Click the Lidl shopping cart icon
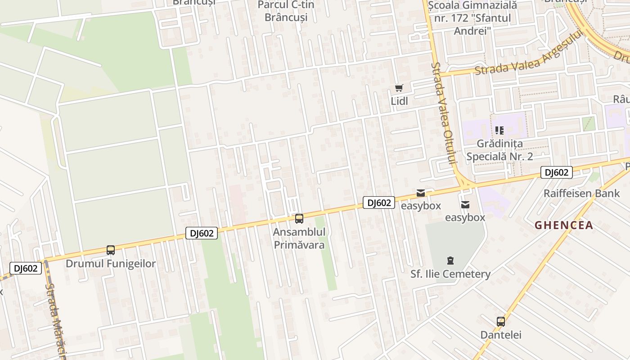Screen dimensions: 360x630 click(399, 88)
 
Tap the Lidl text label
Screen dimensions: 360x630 click(399, 101)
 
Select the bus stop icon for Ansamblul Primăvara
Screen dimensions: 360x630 click(299, 219)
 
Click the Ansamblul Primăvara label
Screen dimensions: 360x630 click(299, 239)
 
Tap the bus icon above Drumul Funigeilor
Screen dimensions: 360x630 click(111, 250)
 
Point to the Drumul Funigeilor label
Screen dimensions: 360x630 click(111, 264)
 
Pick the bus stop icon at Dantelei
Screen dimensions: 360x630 click(501, 321)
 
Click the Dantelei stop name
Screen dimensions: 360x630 click(501, 335)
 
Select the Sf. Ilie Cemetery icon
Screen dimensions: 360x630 click(450, 261)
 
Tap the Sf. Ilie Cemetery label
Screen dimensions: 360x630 click(450, 274)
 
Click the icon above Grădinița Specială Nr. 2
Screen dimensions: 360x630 click(499, 130)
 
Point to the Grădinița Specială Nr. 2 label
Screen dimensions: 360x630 click(499, 150)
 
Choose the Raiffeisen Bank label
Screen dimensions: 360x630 click(581, 193)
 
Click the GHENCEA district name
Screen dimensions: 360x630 click(563, 225)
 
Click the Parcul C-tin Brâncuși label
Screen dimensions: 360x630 click(286, 12)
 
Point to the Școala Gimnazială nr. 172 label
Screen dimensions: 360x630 click(472, 18)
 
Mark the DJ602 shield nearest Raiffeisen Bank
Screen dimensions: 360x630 click(556, 172)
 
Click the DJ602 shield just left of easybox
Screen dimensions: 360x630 click(379, 203)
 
